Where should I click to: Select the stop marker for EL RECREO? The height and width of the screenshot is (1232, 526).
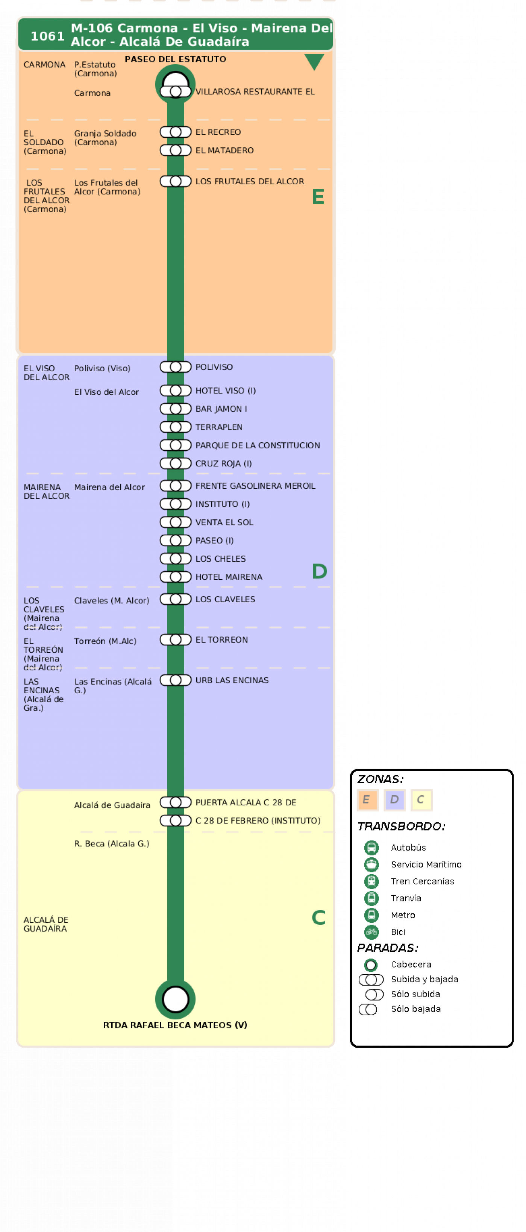[176, 132]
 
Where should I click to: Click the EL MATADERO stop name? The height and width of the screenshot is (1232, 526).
[224, 150]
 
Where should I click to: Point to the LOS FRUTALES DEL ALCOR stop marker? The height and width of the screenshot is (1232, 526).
[176, 181]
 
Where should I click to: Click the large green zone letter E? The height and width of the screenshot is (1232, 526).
[318, 197]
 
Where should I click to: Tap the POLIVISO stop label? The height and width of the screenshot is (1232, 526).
[214, 367]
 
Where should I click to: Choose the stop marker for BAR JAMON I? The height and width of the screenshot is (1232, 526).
[176, 409]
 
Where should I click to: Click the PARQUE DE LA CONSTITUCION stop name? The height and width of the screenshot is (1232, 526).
[258, 445]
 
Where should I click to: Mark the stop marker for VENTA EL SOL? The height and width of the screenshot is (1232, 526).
[176, 522]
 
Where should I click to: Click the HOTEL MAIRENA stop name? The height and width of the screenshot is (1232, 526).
[229, 577]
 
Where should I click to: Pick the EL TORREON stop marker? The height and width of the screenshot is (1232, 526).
[176, 640]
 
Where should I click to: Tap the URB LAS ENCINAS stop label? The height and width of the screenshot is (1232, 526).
[232, 680]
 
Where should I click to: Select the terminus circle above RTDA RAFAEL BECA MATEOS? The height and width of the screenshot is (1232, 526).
[176, 1000]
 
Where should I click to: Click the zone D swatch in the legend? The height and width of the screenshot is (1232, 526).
[394, 800]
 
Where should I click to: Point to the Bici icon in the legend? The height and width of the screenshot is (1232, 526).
[371, 932]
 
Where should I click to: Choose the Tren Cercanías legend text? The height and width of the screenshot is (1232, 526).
[422, 881]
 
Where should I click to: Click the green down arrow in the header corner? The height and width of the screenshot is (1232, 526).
[314, 61]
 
